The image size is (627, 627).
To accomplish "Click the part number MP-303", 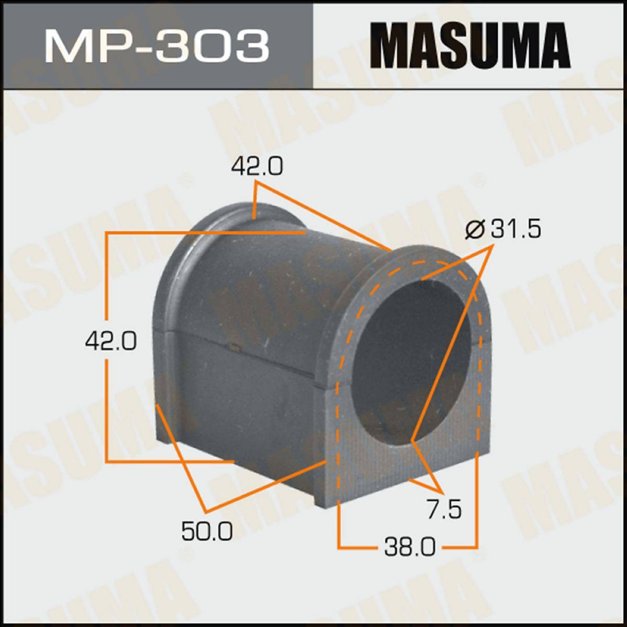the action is (156, 45).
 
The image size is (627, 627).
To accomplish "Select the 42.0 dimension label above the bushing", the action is (257, 166).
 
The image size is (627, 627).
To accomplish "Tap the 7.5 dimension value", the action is (445, 510).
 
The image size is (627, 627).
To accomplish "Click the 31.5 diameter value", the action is (516, 229).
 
